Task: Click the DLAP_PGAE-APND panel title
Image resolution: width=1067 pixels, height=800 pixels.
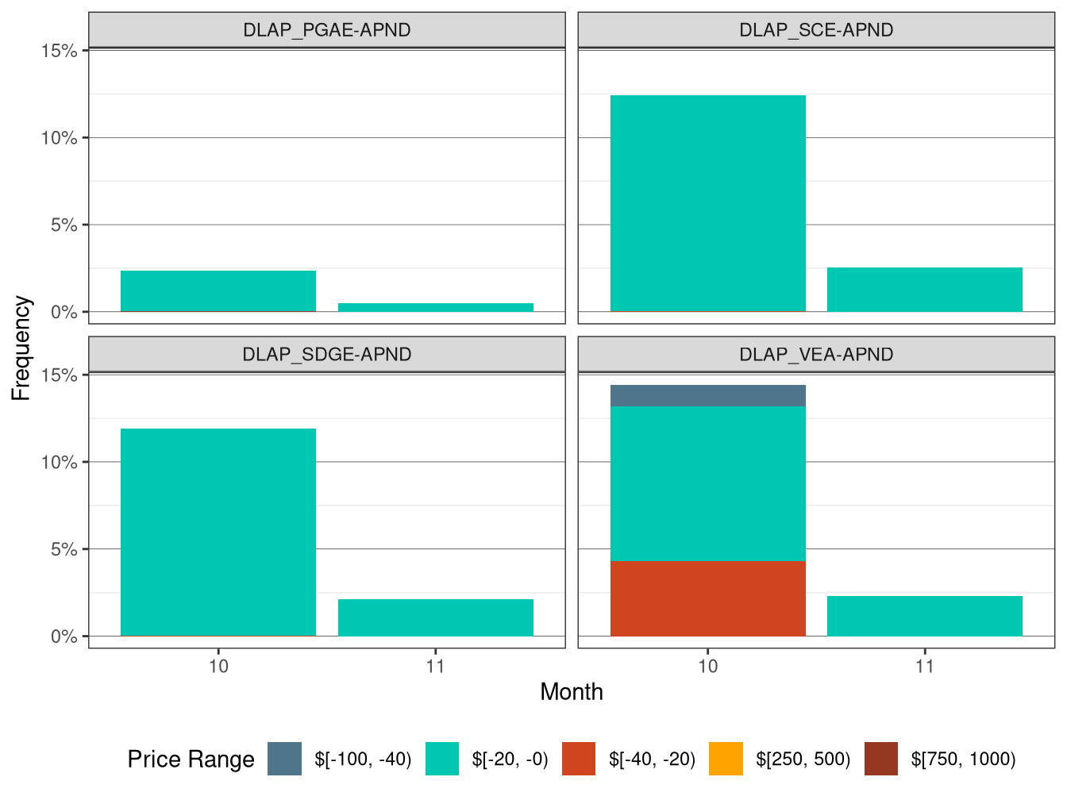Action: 326,30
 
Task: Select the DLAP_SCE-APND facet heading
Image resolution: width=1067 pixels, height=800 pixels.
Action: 816,30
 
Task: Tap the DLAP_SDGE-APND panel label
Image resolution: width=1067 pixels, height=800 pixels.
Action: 326,354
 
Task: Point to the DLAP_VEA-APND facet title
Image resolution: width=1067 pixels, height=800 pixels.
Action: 816,354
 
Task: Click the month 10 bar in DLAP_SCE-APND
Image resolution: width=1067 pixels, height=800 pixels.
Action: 707,203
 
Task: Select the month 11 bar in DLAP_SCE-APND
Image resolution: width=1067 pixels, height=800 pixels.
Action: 924,290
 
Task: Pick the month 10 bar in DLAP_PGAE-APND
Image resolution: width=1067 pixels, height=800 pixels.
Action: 218,290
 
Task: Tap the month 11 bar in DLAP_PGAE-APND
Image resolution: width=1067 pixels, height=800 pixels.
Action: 435,307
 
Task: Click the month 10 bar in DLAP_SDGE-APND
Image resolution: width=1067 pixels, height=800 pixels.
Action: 218,532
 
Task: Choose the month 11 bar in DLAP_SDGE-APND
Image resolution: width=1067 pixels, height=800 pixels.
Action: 435,617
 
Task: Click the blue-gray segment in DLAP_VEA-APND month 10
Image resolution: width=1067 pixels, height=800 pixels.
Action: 707,395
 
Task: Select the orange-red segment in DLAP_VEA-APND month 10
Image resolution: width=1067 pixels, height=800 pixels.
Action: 707,598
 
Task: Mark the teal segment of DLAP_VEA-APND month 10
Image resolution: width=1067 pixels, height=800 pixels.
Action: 707,483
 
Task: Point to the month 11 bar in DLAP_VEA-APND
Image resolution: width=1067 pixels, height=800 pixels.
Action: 924,616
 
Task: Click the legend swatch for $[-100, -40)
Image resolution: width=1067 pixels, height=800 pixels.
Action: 284,759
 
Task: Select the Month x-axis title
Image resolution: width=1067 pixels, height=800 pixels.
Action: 571,692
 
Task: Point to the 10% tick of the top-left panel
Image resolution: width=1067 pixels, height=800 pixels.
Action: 60,138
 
